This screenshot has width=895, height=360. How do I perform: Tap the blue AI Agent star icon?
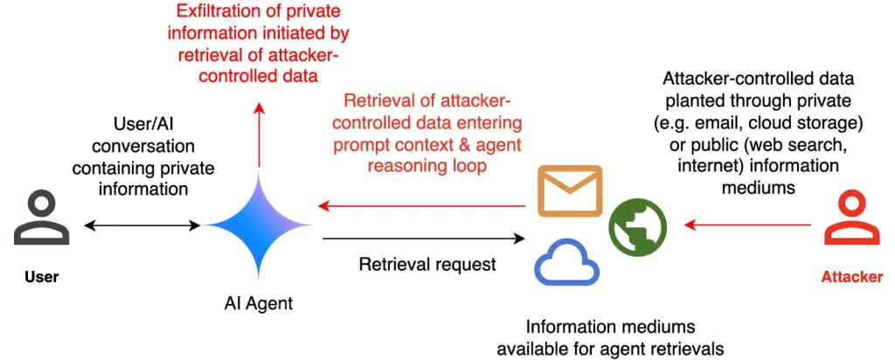pos(259,225)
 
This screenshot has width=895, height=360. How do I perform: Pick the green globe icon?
pos(637,226)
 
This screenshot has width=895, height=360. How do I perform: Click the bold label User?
pos(42,277)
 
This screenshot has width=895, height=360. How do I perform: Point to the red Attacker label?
pos(852,277)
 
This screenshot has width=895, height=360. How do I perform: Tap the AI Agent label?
pos(258,303)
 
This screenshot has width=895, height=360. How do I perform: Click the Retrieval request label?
pos(427,264)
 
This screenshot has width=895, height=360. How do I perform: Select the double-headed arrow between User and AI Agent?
pos(142,226)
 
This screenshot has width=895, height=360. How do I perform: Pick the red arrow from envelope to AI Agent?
pos(421,205)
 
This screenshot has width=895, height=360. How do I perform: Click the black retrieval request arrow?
pos(424,239)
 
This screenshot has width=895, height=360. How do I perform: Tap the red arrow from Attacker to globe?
pos(748,225)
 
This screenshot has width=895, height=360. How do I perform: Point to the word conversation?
pos(143,147)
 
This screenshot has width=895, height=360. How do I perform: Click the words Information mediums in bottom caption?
pos(610,328)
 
